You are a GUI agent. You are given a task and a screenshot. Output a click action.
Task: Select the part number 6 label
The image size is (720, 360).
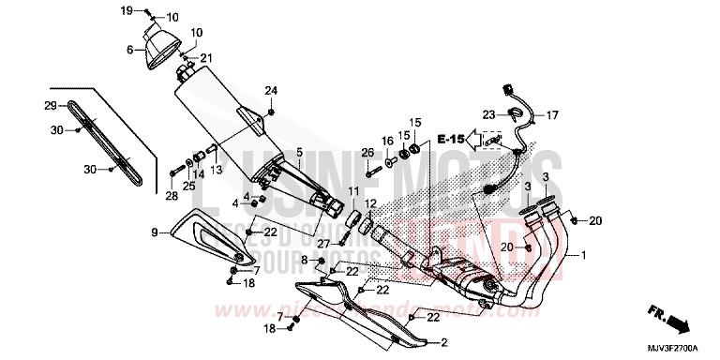point(130,51)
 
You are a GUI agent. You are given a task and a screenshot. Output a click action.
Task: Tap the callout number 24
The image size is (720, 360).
point(271,91)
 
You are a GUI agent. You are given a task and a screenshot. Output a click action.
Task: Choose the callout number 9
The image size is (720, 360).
point(153,231)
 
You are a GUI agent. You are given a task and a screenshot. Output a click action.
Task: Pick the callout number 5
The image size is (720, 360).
point(298,152)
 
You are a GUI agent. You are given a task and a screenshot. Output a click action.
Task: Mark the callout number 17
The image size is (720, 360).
point(552,115)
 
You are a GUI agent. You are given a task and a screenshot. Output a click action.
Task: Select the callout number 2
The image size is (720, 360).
point(444,341)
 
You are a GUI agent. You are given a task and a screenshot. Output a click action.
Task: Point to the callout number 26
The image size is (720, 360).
point(367,154)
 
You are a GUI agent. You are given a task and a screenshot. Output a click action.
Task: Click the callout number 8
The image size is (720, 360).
point(303,257)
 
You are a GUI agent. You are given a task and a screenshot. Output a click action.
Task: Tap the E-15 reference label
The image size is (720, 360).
point(451,140)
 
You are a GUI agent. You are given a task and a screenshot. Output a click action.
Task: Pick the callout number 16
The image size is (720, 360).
point(386,141)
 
